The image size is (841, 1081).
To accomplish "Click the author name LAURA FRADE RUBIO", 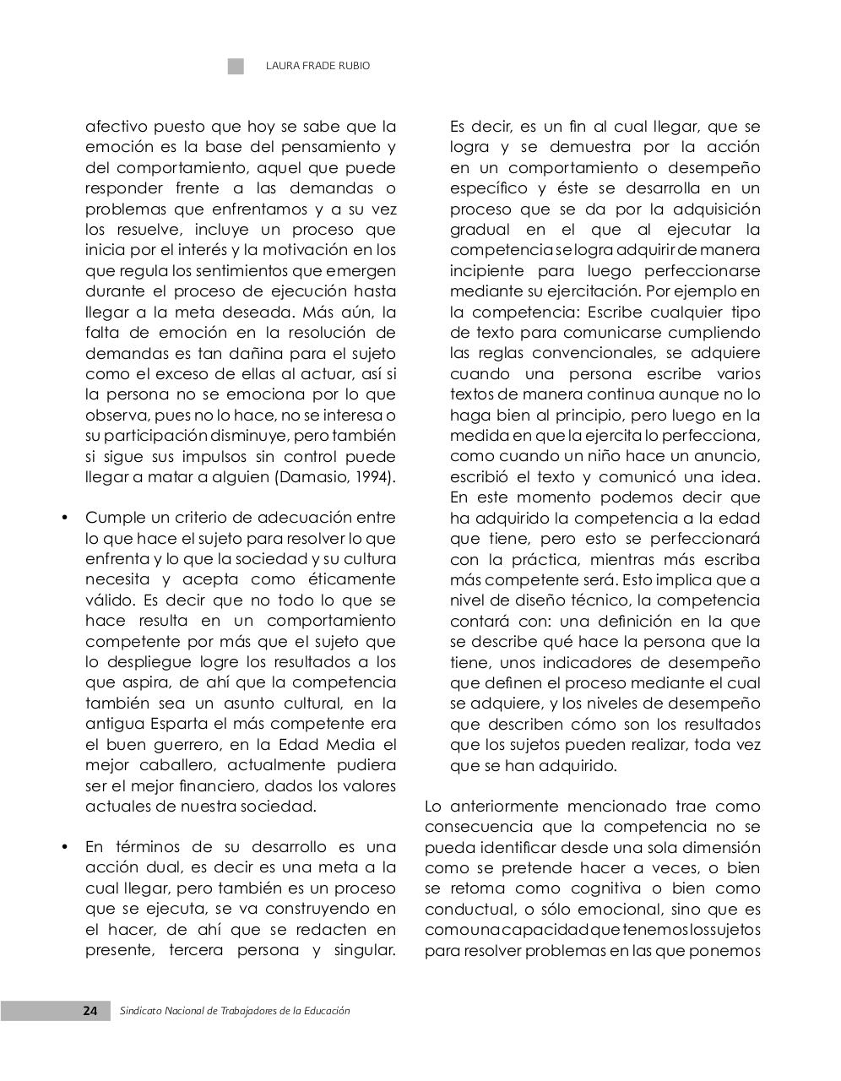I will click(x=317, y=66).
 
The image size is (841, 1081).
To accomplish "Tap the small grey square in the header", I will click(x=236, y=66).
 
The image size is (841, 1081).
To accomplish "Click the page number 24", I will click(x=90, y=1011).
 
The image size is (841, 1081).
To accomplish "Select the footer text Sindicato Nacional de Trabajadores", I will click(x=235, y=1011).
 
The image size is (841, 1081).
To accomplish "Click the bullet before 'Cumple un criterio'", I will click(x=64, y=518).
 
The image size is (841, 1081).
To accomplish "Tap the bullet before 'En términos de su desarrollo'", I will click(x=64, y=847).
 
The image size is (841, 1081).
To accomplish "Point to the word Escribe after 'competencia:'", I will click(x=618, y=312).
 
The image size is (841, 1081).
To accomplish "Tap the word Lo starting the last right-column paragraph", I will click(x=432, y=807).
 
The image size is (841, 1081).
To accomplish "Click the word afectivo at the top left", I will click(x=117, y=127).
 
